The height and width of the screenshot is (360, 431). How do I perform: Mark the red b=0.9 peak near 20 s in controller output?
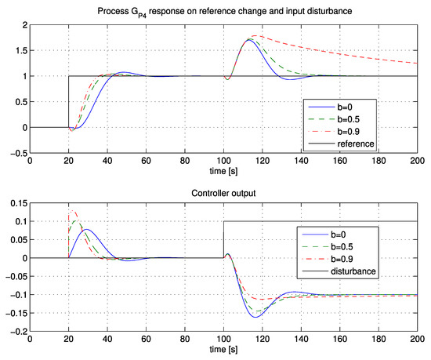pyautogui.click(x=72, y=210)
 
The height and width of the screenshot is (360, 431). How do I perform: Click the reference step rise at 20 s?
pyautogui.click(x=69, y=102)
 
